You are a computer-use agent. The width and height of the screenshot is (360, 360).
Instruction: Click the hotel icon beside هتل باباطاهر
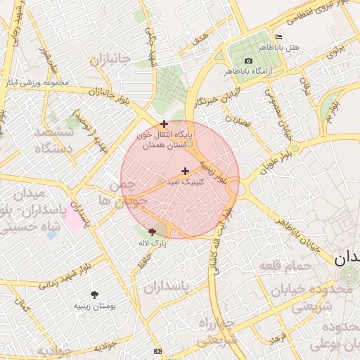(x=278, y=37)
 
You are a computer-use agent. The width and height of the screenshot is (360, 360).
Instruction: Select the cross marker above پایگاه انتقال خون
(x=165, y=124)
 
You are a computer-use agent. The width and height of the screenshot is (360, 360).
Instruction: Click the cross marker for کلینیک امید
(x=185, y=171)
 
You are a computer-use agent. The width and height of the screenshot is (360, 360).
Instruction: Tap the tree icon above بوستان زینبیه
(x=95, y=295)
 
